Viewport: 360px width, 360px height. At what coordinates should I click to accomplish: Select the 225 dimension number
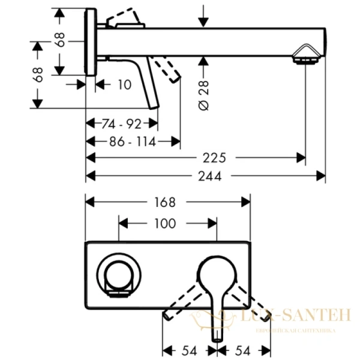click(214, 158)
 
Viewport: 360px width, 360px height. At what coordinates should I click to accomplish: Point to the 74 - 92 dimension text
click(121, 124)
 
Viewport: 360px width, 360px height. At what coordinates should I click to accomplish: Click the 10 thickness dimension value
click(124, 85)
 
